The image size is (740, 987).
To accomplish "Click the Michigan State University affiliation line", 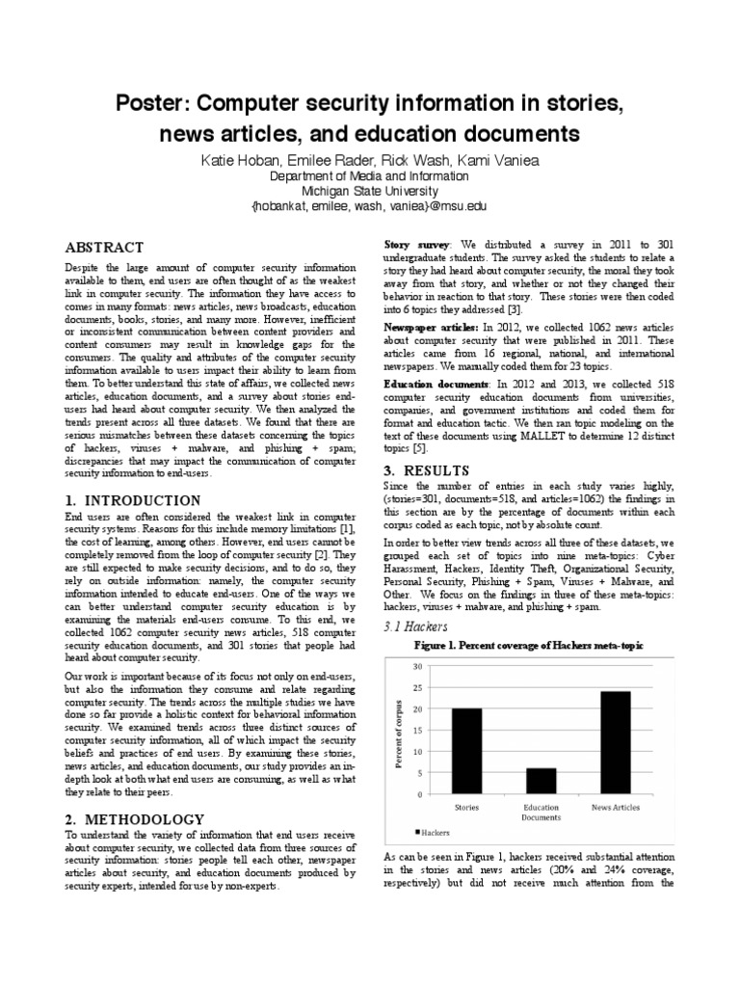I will [369, 191].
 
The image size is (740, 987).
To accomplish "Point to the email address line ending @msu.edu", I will [369, 206].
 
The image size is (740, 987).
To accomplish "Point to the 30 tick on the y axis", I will [417, 666].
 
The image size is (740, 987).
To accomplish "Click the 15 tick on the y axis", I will [417, 731].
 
